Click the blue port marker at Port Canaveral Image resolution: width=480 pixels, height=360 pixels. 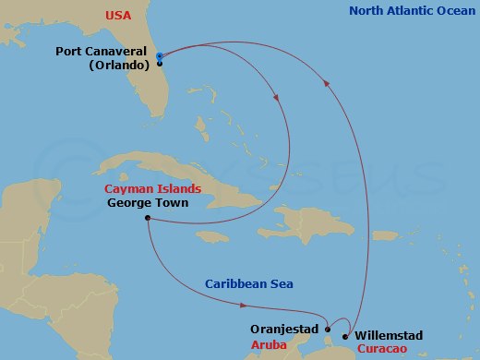point(160,57)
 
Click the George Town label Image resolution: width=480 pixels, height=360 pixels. point(148,202)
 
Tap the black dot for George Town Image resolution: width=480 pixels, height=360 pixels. point(148,218)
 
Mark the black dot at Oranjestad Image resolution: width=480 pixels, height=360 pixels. point(328,328)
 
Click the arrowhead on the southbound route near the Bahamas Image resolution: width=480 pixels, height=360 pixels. point(278,102)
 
